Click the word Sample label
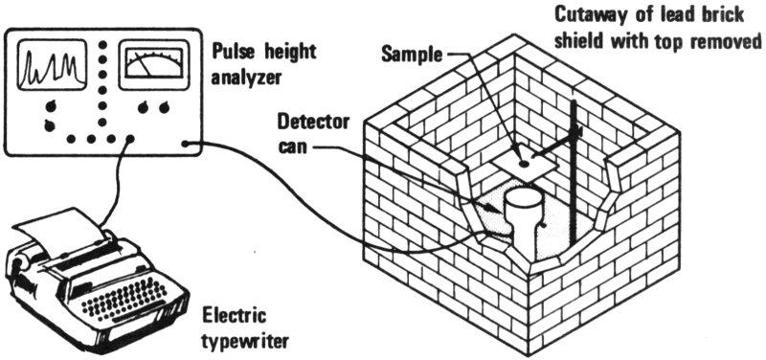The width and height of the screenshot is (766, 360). coord(412,54)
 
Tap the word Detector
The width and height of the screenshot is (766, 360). coord(313,122)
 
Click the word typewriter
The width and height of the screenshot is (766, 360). coord(245,341)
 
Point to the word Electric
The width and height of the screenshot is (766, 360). coord(235,316)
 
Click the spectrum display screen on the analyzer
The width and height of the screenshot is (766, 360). coord(48,65)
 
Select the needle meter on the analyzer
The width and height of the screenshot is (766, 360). coord(153,59)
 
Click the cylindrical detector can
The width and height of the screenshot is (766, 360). coord(522,222)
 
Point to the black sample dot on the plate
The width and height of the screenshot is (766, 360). coord(523,165)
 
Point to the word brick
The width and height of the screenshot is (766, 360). coord(721,15)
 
